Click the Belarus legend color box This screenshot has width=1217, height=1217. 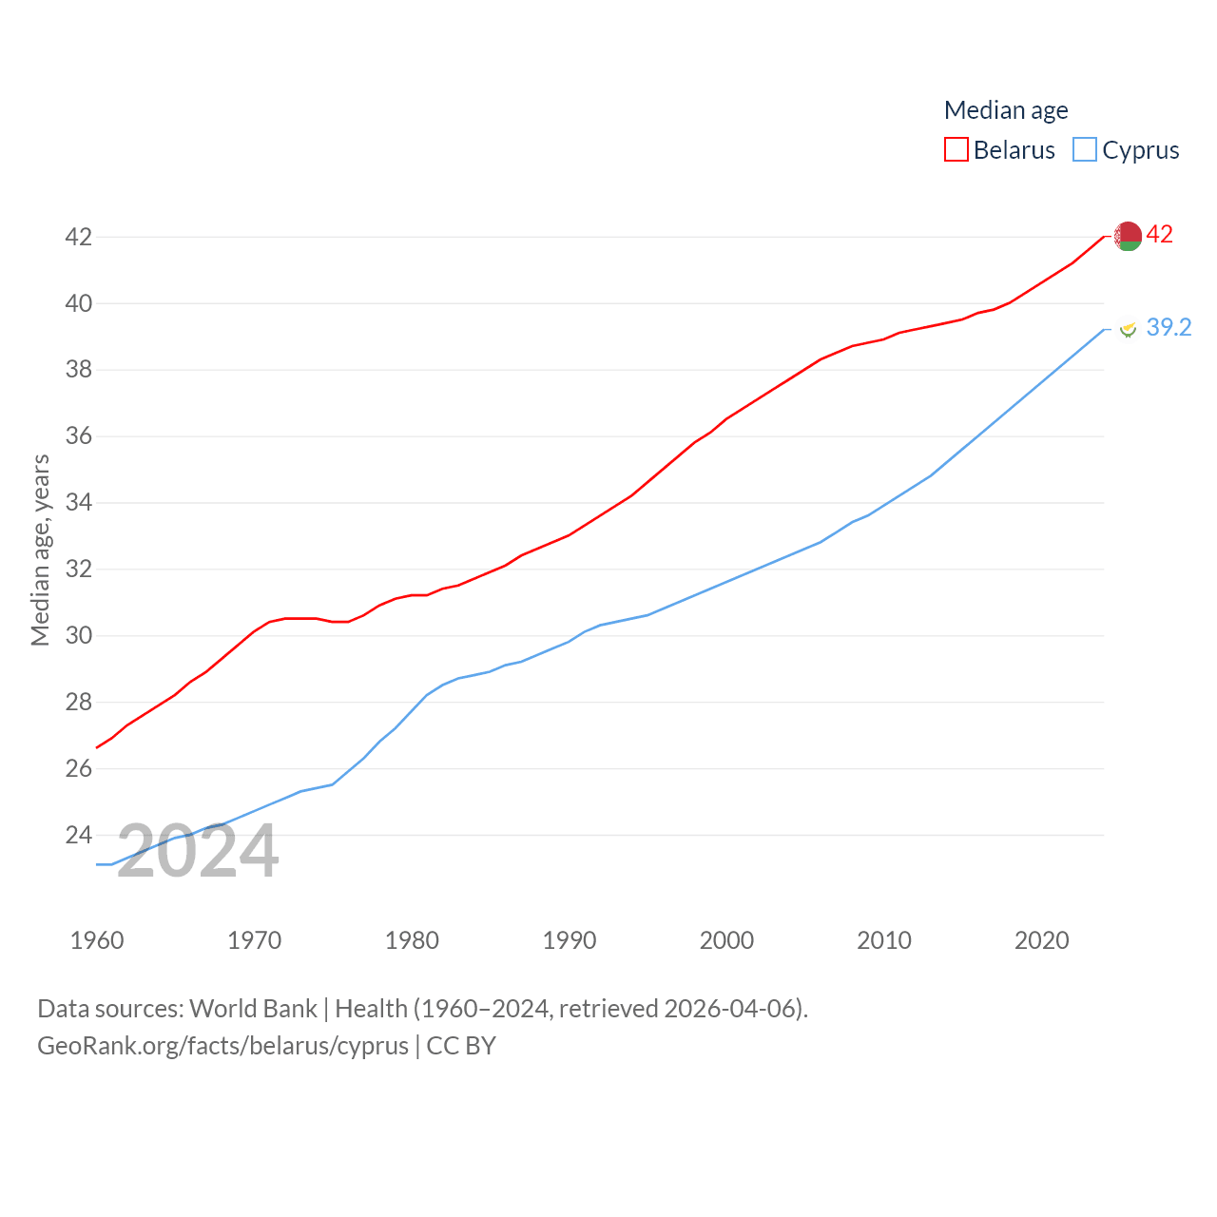(x=956, y=150)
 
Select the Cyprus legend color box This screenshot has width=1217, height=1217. (x=1084, y=150)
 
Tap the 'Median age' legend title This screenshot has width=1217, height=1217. (x=1006, y=110)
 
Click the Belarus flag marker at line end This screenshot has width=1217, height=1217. (x=1128, y=236)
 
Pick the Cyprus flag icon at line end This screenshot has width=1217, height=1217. (x=1128, y=329)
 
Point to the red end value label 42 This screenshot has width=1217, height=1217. (x=1159, y=235)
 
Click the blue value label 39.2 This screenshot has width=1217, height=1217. (x=1169, y=328)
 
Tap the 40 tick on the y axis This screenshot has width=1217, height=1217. (x=79, y=303)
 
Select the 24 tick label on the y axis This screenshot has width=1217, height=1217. (x=79, y=835)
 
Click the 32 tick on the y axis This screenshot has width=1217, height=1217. (x=79, y=570)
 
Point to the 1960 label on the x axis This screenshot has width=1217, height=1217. (x=97, y=940)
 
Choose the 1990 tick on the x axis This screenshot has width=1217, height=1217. (x=570, y=940)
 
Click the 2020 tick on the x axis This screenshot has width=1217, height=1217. (x=1042, y=940)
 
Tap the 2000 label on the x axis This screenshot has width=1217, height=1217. (x=726, y=940)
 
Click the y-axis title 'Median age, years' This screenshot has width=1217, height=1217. (x=40, y=551)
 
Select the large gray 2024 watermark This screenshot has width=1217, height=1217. (x=198, y=851)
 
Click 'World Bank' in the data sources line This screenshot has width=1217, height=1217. (x=253, y=1008)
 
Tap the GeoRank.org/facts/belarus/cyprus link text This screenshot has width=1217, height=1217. (x=222, y=1046)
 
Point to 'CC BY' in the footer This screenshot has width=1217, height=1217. (x=461, y=1046)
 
